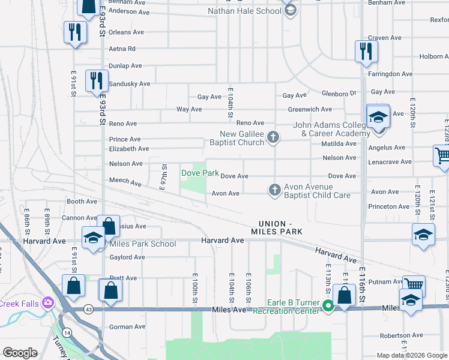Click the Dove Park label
(x=200, y=173)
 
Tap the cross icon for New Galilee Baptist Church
(x=273, y=138)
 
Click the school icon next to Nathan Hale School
(x=289, y=10)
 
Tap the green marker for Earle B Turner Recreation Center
(x=328, y=306)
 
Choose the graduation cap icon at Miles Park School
(x=93, y=238)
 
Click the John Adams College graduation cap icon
(x=378, y=117)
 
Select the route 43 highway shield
(x=88, y=309)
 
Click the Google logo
(x=20, y=353)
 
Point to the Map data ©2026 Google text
(x=412, y=355)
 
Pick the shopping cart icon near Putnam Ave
(x=413, y=284)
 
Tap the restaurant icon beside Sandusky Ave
(x=96, y=80)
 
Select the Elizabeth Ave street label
(x=128, y=149)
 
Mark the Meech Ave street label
(x=125, y=181)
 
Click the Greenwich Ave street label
(x=310, y=109)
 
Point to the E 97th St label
(x=163, y=176)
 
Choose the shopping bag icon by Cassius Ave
(x=109, y=226)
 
